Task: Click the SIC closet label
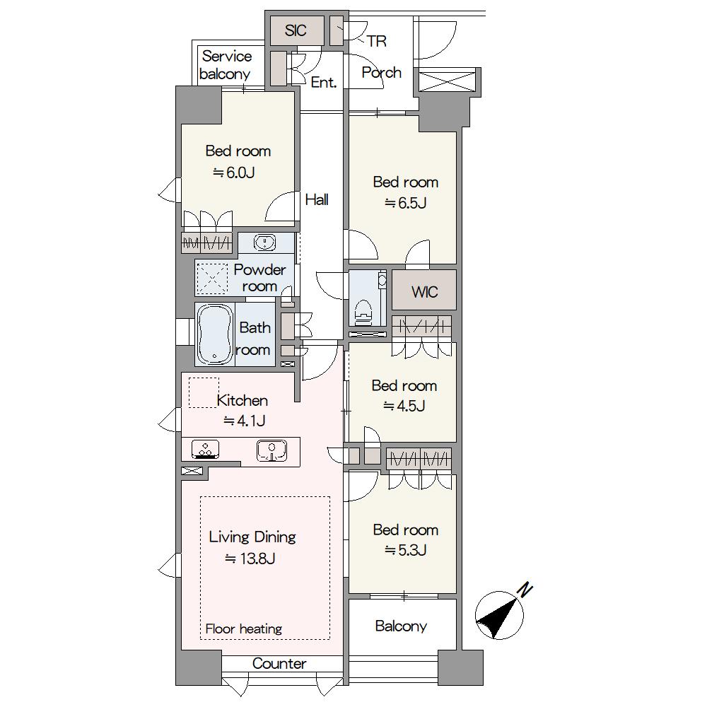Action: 296,30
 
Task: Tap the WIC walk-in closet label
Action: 424,292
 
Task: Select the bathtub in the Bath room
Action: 215,334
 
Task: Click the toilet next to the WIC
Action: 363,312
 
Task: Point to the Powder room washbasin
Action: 264,242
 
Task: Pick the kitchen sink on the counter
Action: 271,450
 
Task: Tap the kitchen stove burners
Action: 205,449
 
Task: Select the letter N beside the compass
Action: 525,590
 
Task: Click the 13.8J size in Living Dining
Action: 250,559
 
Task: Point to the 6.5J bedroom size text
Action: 405,203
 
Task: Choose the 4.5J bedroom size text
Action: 404,406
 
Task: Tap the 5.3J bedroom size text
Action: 405,550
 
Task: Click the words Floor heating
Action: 243,629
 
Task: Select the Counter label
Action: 279,663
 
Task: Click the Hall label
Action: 317,199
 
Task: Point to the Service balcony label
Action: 226,65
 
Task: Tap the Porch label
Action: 382,72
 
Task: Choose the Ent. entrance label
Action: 324,82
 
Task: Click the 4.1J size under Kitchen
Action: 245,421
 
